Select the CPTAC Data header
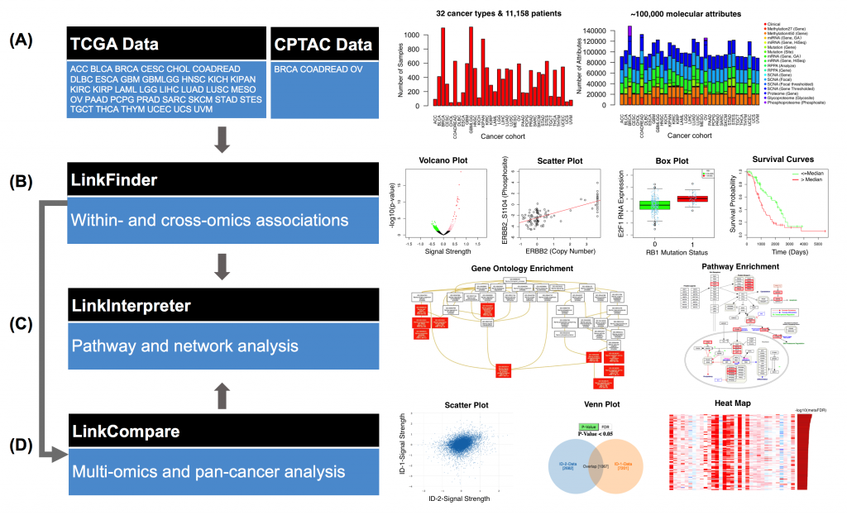[323, 44]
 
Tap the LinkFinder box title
[112, 178]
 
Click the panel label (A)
[26, 41]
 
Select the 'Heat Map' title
[731, 402]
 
